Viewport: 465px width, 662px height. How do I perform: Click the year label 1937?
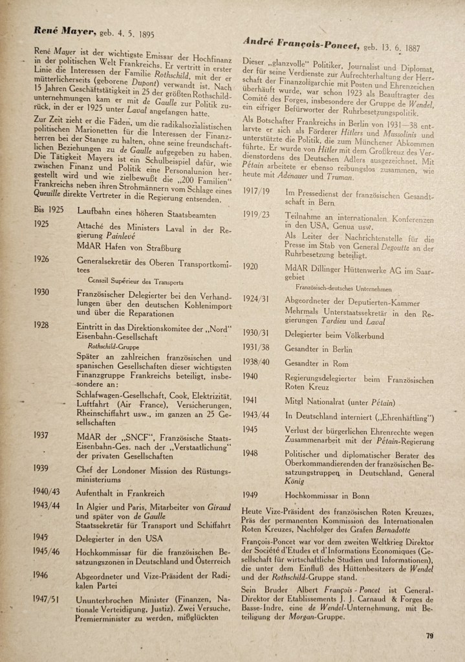pos(43,435)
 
